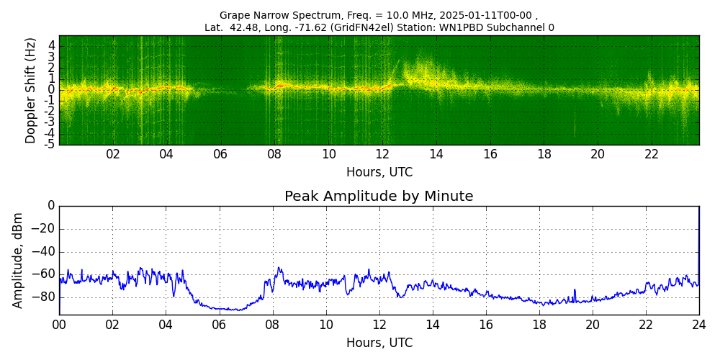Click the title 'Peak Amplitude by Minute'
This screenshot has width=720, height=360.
pos(379,197)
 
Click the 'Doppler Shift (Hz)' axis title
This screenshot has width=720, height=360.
pos(30,90)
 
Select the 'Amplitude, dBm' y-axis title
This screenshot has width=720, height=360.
pos(19,260)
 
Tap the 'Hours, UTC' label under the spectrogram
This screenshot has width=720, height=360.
pos(379,172)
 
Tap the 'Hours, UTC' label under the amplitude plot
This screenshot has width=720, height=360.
pos(379,343)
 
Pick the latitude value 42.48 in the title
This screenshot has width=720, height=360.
pos(243,27)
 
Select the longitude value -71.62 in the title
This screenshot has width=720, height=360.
pos(309,27)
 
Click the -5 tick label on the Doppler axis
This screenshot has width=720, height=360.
pos(50,144)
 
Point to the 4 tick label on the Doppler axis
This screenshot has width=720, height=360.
pos(52,45)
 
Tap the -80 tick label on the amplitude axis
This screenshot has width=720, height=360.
pos(45,296)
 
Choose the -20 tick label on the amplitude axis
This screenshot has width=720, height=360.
pos(45,229)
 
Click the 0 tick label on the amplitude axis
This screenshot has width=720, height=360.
pos(51,206)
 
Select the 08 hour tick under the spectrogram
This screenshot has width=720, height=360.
pos(274,154)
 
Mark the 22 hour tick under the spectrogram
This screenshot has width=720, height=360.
pos(652,154)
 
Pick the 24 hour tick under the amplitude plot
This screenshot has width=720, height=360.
pos(699,324)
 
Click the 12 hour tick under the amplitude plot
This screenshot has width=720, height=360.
pos(379,324)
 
